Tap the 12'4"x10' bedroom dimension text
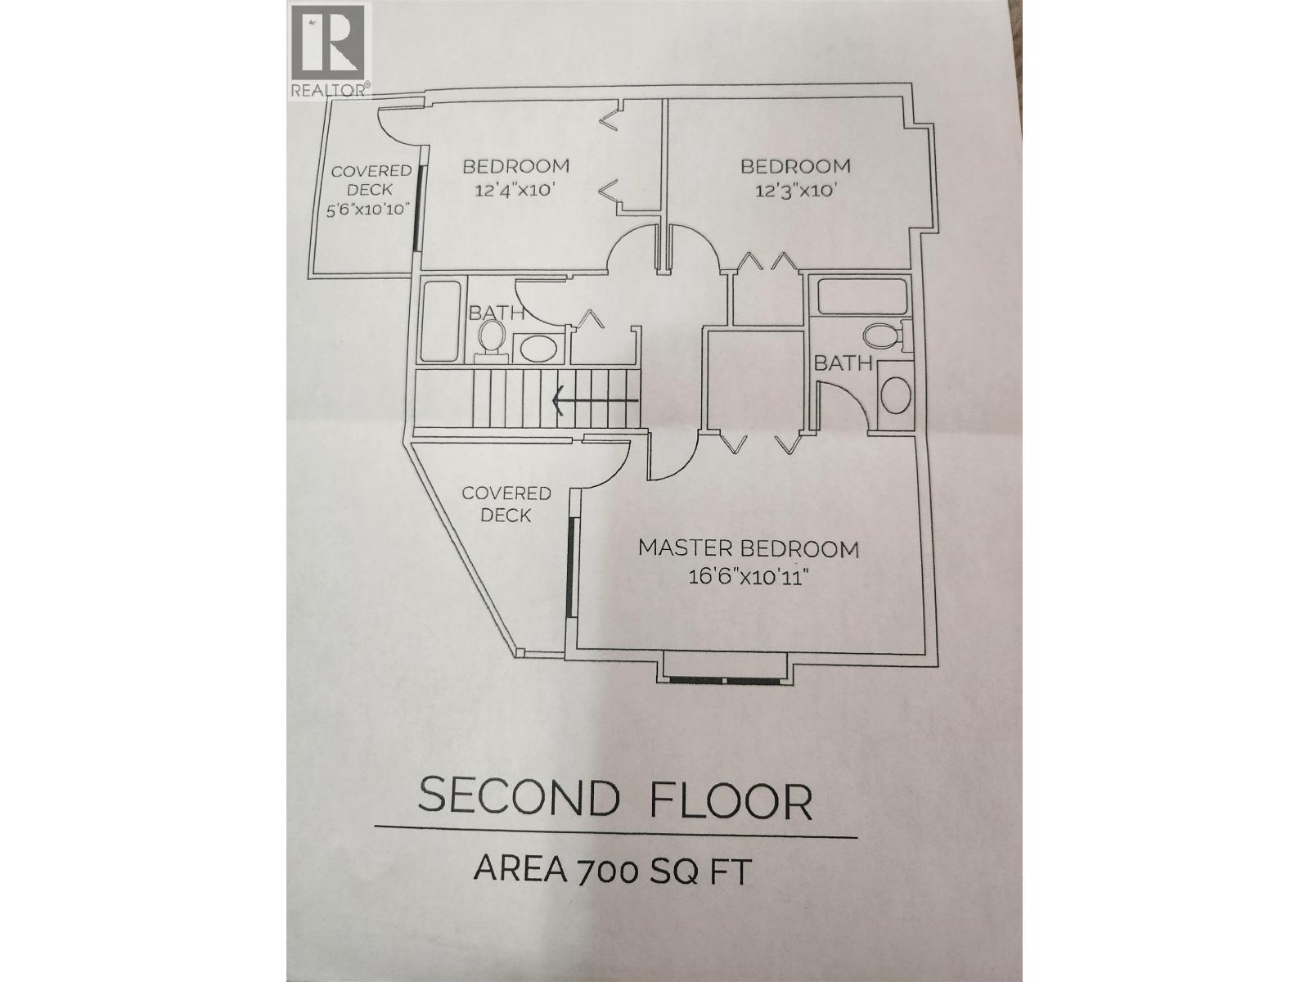tap(515, 191)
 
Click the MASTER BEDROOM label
tap(749, 548)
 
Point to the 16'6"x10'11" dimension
tap(749, 577)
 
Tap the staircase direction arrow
tap(596, 400)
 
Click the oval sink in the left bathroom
tap(537, 349)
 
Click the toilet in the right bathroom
tap(882, 336)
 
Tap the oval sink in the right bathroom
tap(895, 395)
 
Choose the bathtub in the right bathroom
tap(861, 295)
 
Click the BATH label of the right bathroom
tap(843, 363)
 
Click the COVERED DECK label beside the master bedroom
tap(506, 504)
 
